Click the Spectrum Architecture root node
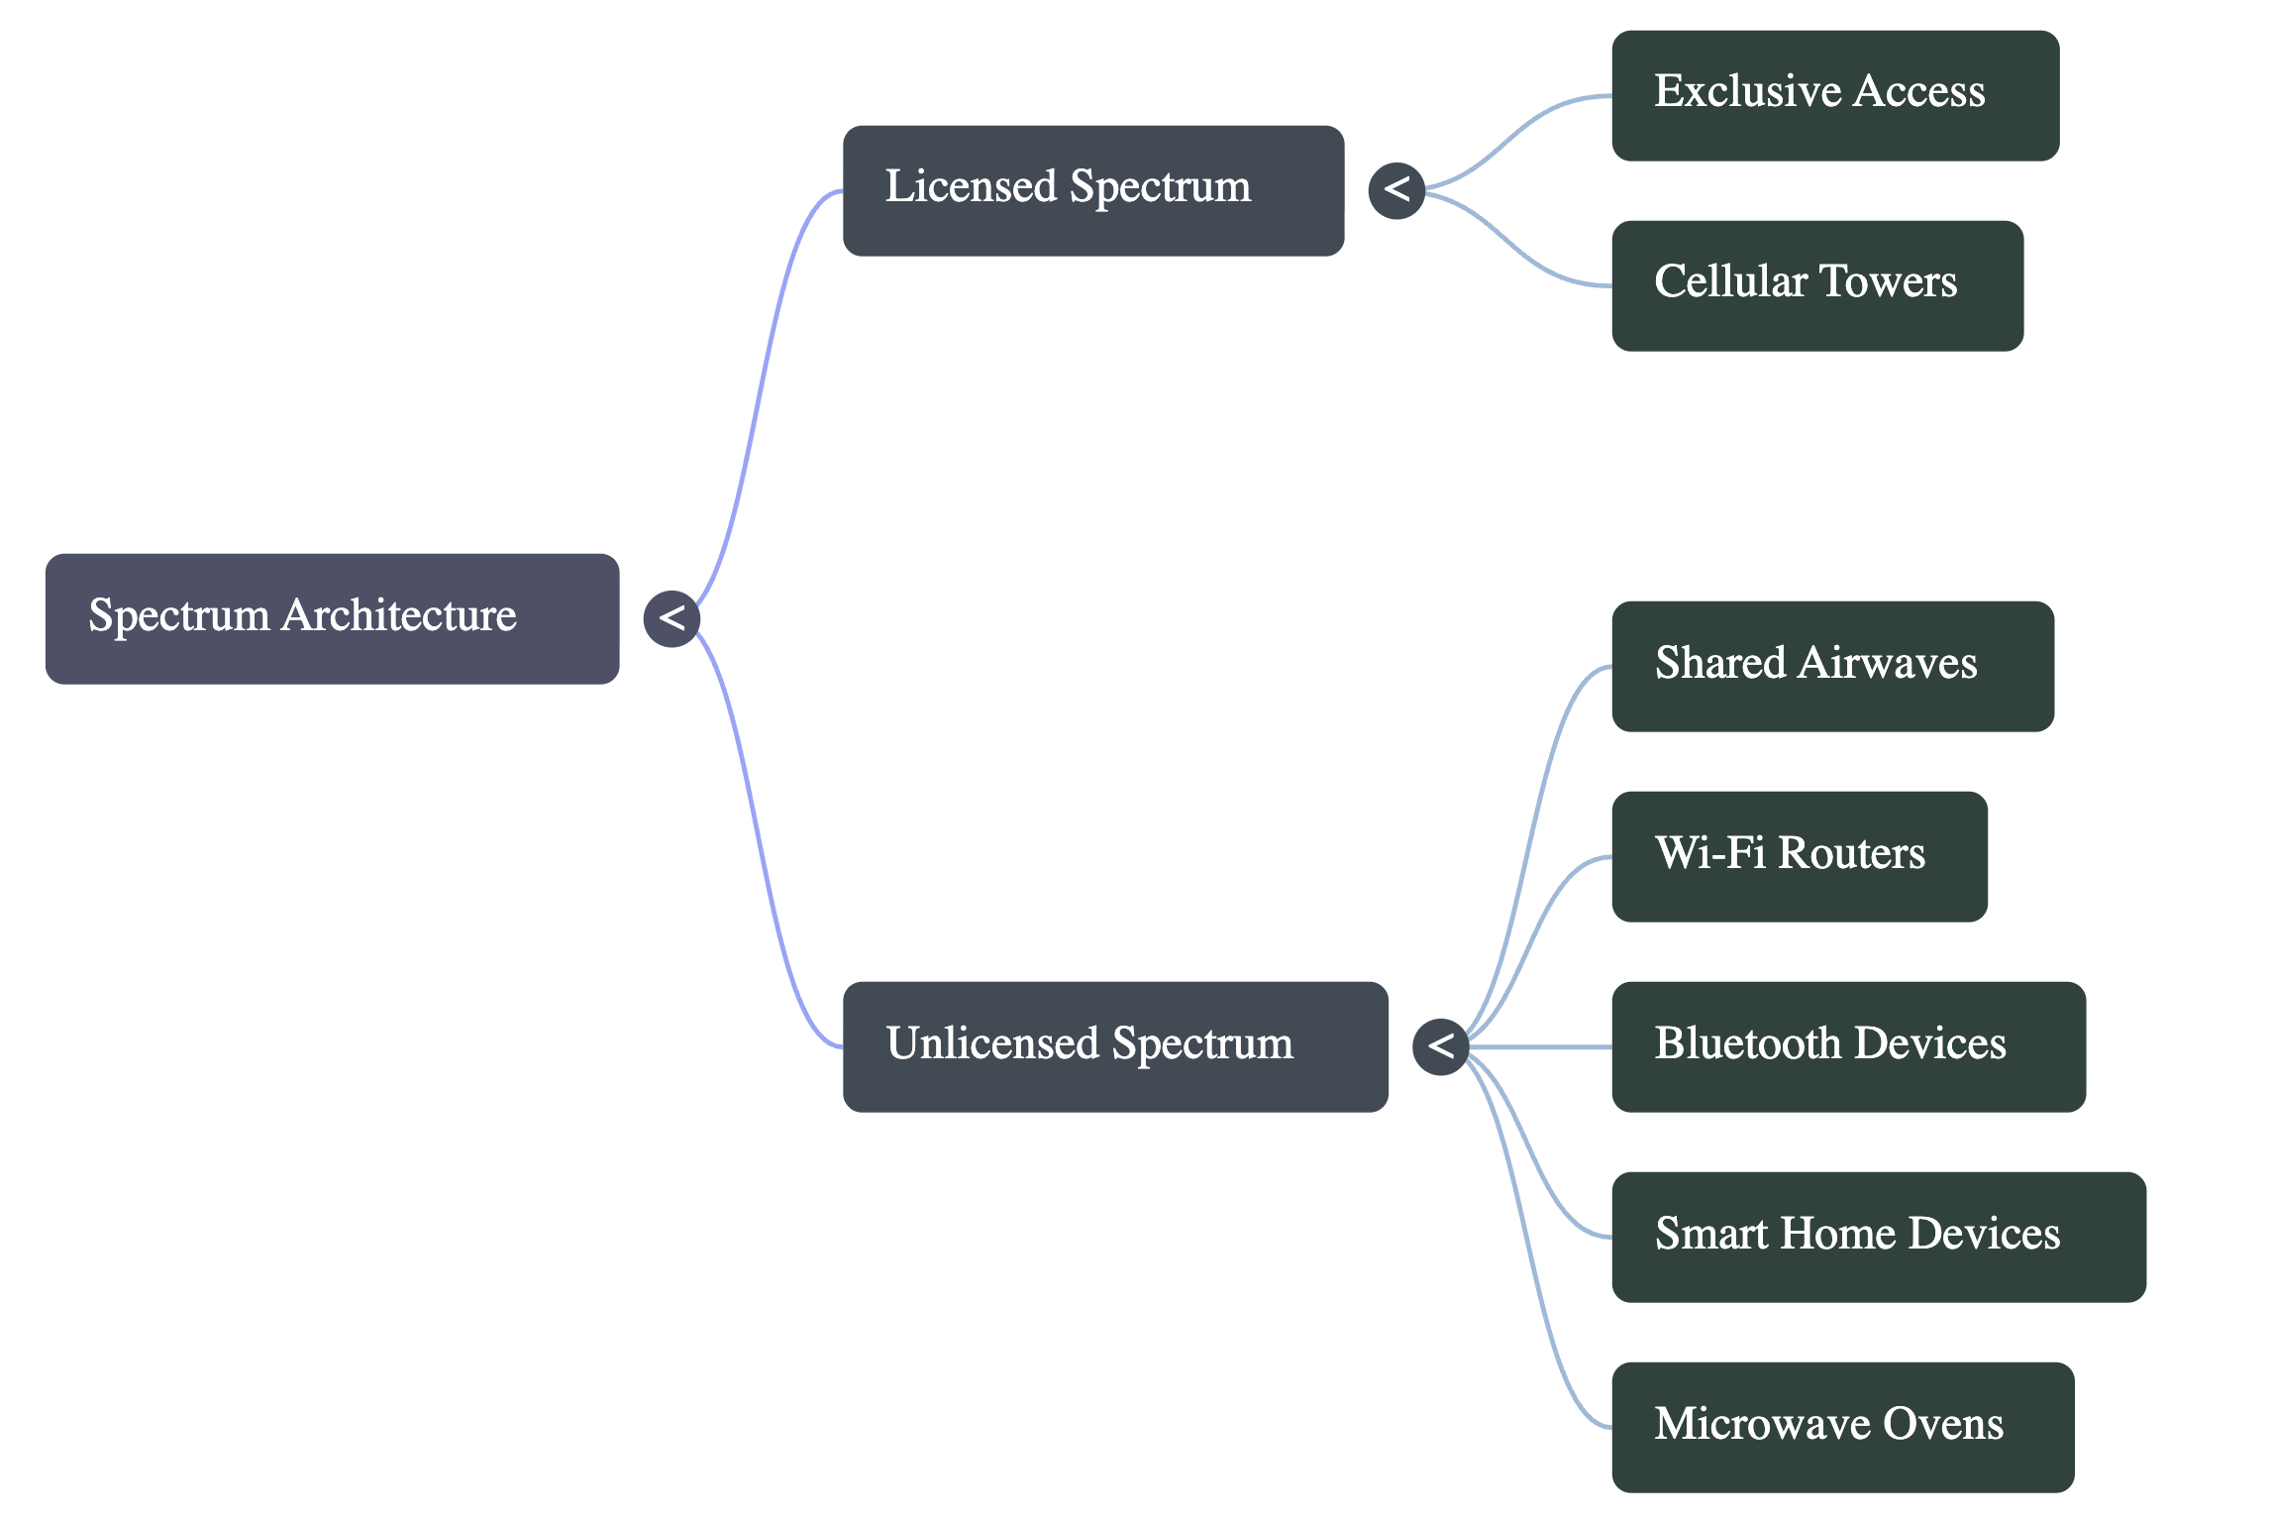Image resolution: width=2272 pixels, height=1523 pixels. [x=332, y=618]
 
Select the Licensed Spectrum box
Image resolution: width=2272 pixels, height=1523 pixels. [x=1092, y=190]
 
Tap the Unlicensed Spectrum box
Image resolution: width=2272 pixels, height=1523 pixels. [x=1114, y=1046]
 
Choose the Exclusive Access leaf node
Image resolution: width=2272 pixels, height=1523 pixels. [x=1834, y=95]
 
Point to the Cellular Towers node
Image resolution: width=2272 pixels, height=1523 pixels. [x=1816, y=285]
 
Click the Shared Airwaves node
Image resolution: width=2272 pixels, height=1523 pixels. [x=1832, y=666]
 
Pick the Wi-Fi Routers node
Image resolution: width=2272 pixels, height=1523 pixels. [x=1799, y=856]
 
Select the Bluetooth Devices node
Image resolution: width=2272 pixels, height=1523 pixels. [x=1848, y=1046]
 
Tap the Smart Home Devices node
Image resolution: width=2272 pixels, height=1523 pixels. [x=1878, y=1237]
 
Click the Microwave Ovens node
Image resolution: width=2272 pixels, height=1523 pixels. [x=1842, y=1427]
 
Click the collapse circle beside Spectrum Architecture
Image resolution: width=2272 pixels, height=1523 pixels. [x=671, y=618]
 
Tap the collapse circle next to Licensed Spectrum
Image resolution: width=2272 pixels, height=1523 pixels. [x=1396, y=190]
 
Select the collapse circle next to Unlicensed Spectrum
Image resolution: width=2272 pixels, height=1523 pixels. [x=1440, y=1046]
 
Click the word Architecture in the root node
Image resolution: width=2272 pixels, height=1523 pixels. [x=398, y=615]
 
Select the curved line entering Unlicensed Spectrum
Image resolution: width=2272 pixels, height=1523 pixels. [x=758, y=842]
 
